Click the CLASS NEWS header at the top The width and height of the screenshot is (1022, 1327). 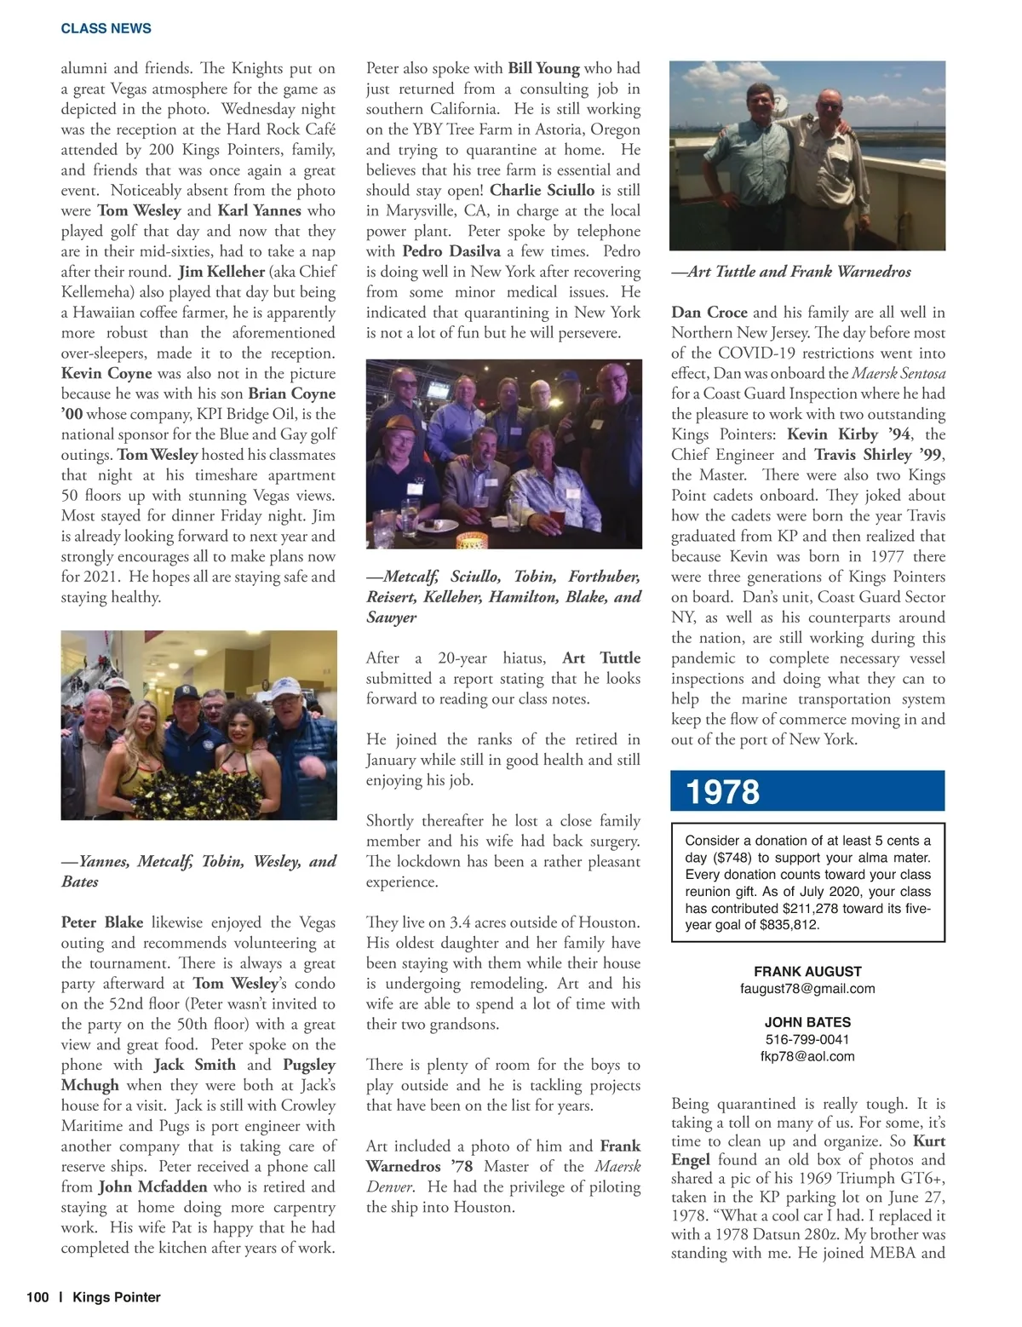coord(106,28)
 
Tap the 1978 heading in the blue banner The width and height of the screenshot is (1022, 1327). coord(723,791)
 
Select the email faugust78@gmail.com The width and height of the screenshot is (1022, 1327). coord(807,988)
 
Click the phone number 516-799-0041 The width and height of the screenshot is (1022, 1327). coord(807,1039)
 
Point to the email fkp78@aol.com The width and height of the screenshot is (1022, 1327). coord(807,1056)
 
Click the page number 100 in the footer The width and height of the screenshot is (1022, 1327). coord(37,1297)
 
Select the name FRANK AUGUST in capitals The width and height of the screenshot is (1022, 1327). coord(807,971)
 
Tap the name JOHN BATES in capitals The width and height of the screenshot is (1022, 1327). coord(807,1022)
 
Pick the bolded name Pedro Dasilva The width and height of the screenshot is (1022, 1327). coord(451,251)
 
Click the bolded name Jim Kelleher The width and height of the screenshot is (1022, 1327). coord(221,272)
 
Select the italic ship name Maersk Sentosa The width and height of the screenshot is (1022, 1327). coord(899,373)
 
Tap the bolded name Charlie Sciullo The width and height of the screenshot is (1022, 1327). coord(543,190)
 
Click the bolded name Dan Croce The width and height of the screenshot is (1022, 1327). coord(709,312)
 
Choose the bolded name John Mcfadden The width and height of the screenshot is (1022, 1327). coord(153,1186)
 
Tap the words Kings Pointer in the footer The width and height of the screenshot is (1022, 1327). coord(117,1297)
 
